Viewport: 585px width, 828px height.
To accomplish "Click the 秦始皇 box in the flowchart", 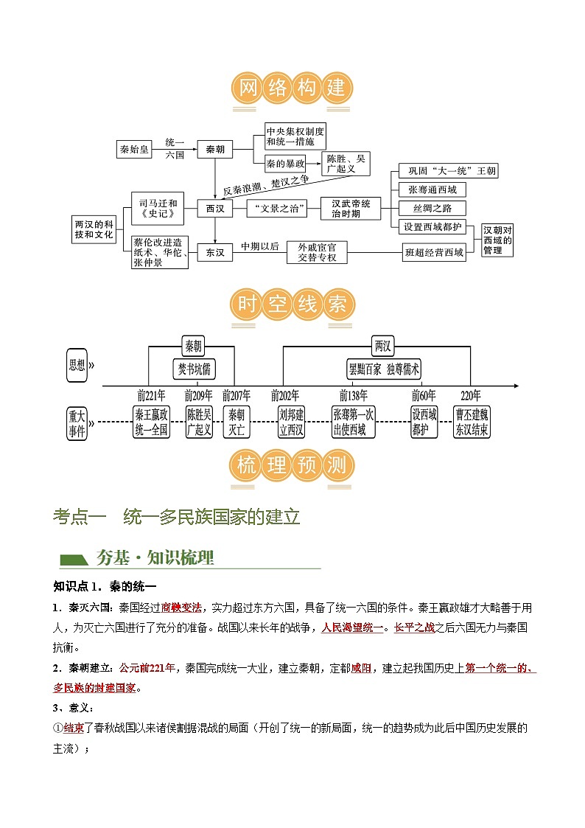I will [135, 150].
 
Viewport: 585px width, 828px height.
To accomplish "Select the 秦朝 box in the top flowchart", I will [215, 150].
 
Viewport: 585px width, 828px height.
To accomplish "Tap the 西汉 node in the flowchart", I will [215, 209].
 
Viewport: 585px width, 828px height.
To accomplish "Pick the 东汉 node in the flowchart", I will [215, 253].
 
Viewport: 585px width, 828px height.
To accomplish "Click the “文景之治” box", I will [276, 209].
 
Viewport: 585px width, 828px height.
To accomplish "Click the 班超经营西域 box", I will [435, 253].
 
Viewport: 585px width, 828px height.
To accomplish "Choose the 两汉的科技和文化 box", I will [94, 229].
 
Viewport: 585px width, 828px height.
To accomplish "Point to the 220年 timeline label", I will [471, 395].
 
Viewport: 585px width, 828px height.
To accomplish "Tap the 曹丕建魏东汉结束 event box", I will [472, 422].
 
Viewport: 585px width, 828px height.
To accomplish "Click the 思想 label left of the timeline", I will [77, 364].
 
